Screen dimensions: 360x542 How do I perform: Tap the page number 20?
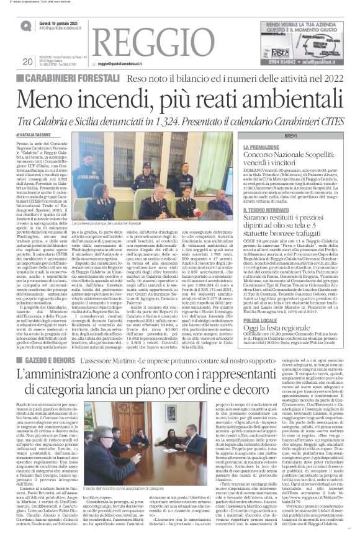coord(27,61)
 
